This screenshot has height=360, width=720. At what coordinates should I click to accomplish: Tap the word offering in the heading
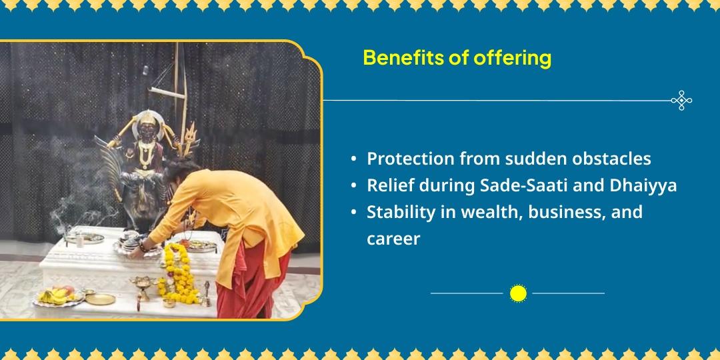point(513,59)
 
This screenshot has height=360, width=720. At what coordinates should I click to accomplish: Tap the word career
point(393,239)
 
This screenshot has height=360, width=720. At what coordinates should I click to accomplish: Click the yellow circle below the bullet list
point(518,293)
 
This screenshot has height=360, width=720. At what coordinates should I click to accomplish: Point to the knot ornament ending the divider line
point(681,101)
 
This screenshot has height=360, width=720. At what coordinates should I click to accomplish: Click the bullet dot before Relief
point(353,186)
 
